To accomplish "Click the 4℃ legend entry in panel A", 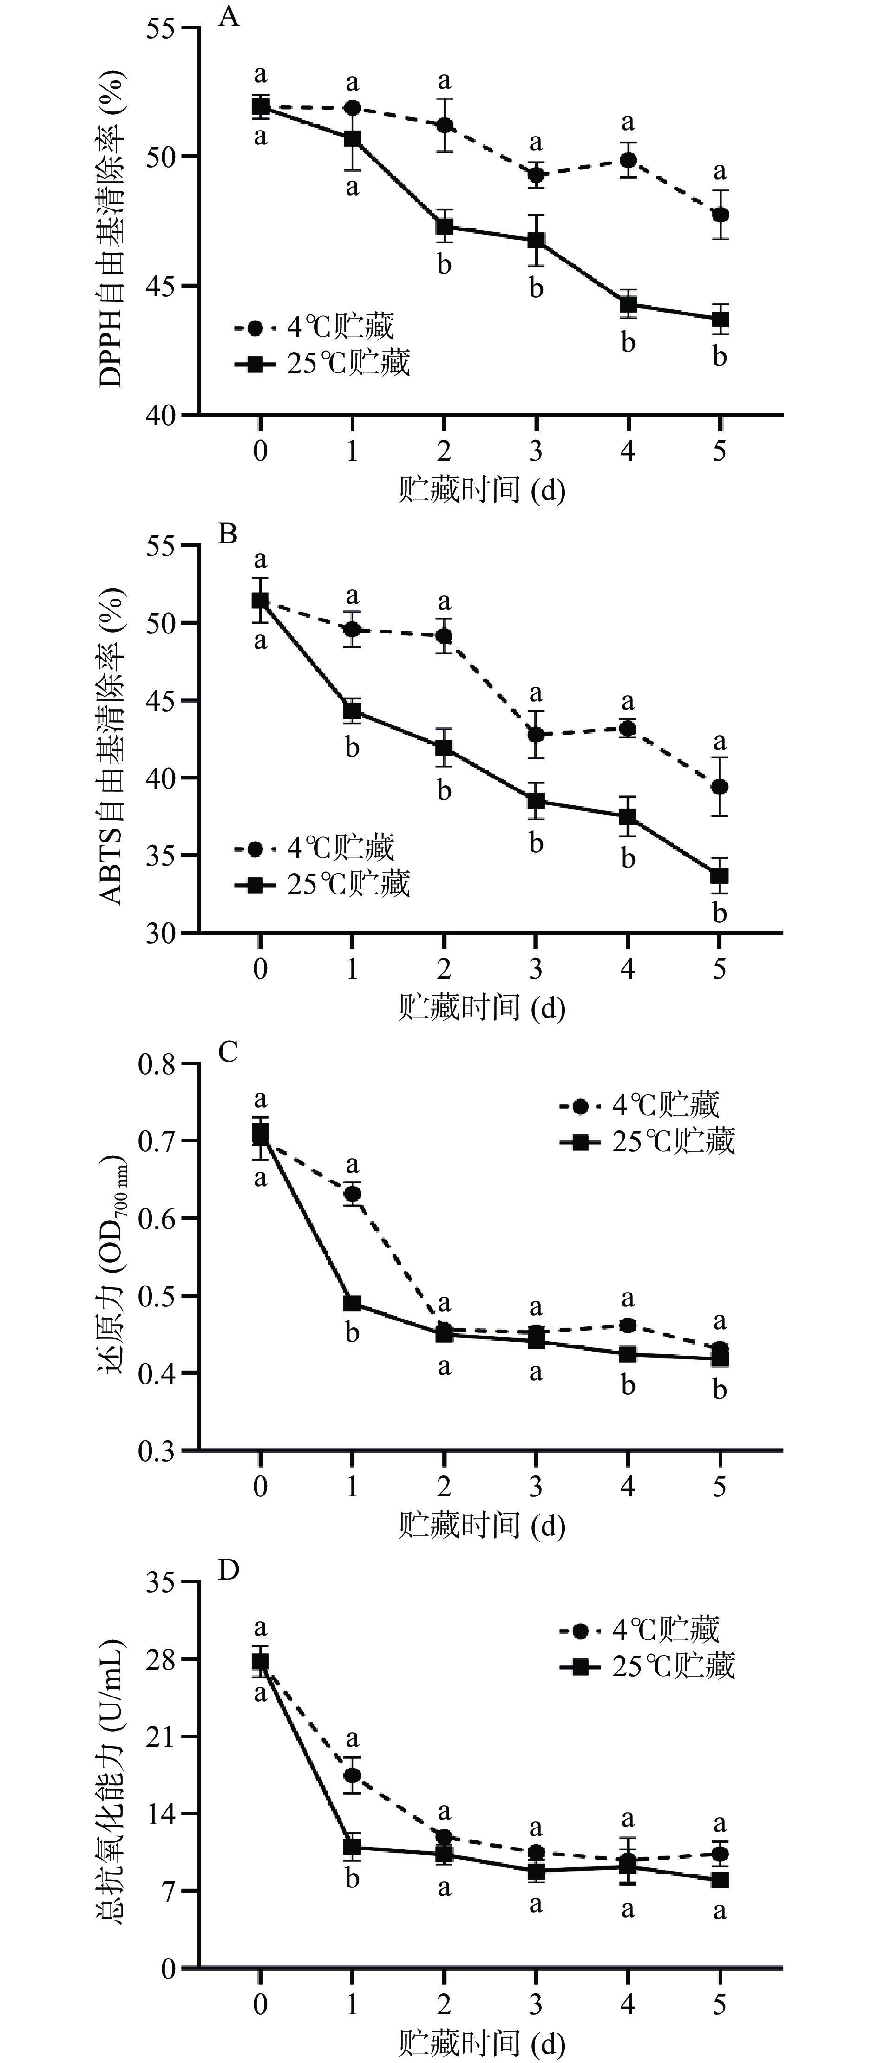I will coord(314,327).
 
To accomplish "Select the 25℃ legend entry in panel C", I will coord(647,1141).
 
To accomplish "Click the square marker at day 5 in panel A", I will coord(720,319).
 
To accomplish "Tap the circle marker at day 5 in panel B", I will coord(720,786).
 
